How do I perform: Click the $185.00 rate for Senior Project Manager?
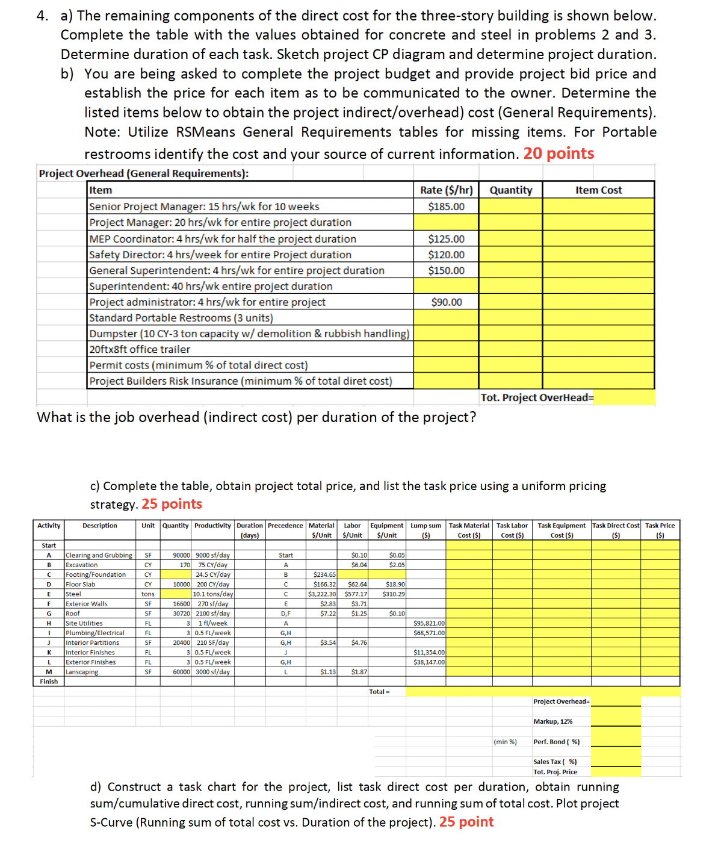click(446, 207)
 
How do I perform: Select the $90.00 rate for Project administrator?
click(446, 302)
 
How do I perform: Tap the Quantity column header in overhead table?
click(510, 190)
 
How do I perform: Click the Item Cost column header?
click(598, 190)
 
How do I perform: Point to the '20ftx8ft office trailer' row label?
click(140, 349)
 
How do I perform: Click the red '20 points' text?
click(559, 154)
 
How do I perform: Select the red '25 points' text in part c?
click(172, 504)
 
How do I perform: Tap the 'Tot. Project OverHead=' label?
click(537, 397)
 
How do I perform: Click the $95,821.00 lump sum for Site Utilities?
click(429, 623)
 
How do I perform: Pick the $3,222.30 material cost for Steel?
click(322, 594)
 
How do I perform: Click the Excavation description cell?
click(81, 565)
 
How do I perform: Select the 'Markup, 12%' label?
click(552, 721)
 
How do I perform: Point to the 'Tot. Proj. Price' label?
click(555, 772)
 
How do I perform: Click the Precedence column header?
click(285, 526)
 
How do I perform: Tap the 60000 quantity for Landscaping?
click(181, 672)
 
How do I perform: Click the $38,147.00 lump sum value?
click(429, 662)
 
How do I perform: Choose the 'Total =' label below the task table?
click(379, 692)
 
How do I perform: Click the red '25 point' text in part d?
click(466, 822)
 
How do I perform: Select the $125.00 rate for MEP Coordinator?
click(446, 239)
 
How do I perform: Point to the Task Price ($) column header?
click(660, 530)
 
